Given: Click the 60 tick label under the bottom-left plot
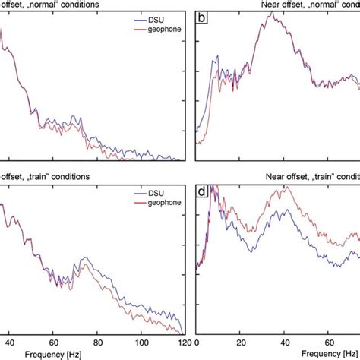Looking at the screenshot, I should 52,342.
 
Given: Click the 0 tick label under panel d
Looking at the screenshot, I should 197,342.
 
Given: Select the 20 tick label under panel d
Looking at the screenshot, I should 241,342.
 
